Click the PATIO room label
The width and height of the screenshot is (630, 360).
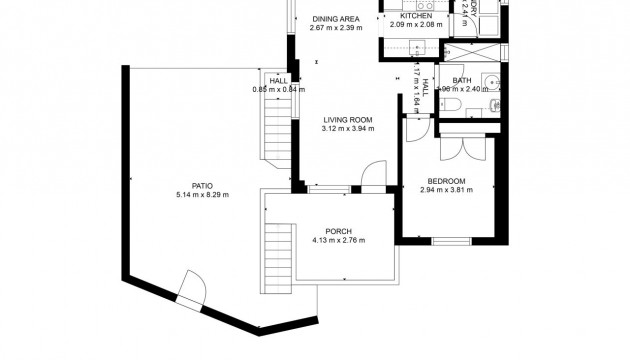coord(203,185)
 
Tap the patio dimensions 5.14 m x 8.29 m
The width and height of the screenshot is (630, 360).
coord(203,194)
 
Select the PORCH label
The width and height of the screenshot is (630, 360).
coord(338,231)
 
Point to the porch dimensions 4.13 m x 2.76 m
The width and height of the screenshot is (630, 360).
coord(338,240)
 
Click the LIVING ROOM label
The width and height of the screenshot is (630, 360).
coord(347,119)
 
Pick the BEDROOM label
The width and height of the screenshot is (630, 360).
coord(447,181)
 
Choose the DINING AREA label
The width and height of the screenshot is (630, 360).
coord(335,18)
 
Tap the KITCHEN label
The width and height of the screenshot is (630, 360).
coord(416,16)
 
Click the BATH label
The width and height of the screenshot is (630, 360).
coord(461,80)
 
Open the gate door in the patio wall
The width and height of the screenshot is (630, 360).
coord(189,289)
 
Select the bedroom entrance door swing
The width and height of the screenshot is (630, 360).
coord(418,131)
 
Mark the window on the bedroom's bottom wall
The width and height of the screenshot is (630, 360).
coord(451,241)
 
